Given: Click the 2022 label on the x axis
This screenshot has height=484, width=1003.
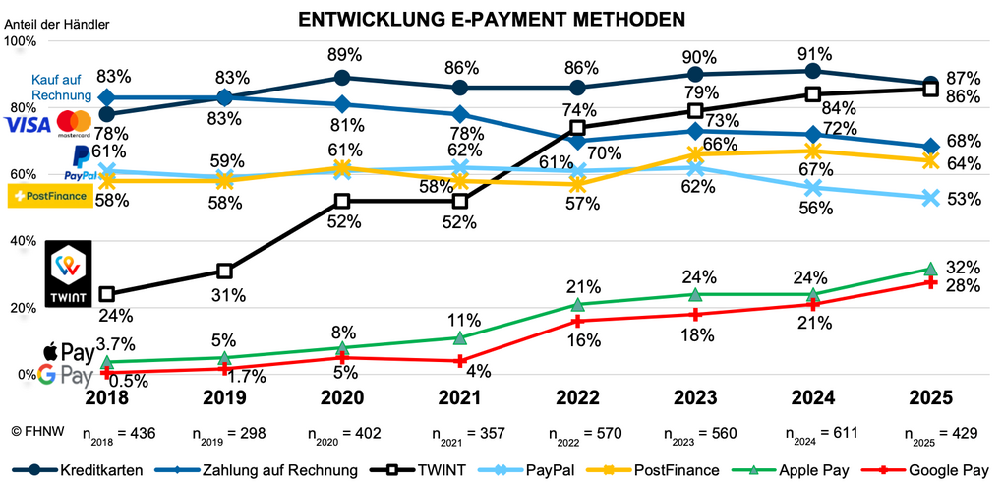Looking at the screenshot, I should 577,397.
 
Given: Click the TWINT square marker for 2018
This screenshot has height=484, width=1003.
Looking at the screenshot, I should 107,294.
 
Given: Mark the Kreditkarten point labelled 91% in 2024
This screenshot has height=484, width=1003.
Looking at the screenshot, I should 812,71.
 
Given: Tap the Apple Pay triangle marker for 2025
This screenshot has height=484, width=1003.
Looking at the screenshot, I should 930,269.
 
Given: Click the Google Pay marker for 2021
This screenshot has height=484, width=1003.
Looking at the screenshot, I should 459,361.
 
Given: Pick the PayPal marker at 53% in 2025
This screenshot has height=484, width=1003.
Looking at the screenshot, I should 930,198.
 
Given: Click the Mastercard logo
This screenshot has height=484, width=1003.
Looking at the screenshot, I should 74,122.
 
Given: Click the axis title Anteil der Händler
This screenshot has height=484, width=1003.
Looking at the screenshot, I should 58,23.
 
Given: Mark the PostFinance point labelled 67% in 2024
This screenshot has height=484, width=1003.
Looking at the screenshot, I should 812,151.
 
